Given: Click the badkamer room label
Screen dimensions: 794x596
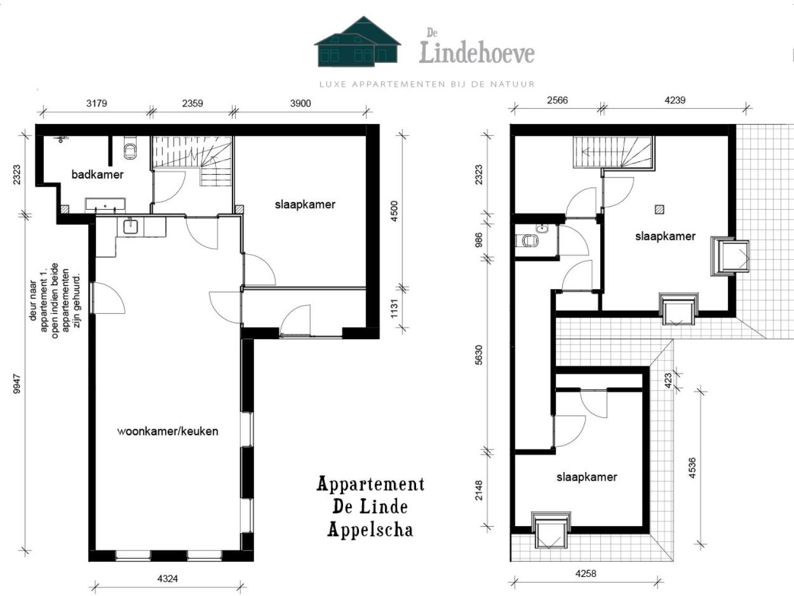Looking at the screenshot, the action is tap(97, 175).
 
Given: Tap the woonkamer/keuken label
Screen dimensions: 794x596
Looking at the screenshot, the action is tap(168, 431).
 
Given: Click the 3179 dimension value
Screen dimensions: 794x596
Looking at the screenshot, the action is tap(97, 104).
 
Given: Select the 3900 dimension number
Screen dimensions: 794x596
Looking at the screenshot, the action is tap(300, 104).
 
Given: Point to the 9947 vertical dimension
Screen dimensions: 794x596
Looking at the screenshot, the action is tap(17, 384).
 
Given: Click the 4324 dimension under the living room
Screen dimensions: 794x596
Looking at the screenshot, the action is tap(168, 579).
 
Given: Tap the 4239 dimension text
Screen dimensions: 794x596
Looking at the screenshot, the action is tap(675, 100).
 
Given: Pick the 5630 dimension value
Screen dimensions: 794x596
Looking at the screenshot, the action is tap(478, 355).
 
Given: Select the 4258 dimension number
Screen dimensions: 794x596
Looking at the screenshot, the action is tap(586, 574).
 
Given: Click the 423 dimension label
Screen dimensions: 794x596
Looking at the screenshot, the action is tap(668, 381).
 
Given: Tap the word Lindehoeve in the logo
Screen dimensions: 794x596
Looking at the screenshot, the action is tap(477, 53).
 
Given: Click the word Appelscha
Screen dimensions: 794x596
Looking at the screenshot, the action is tap(370, 530).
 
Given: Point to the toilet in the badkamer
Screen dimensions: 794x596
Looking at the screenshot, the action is tap(130, 149).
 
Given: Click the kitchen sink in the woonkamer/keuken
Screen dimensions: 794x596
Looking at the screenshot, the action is tap(130, 227).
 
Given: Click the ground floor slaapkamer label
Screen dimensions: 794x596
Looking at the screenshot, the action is tap(305, 205).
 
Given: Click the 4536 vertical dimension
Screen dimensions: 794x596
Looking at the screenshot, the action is tap(691, 468).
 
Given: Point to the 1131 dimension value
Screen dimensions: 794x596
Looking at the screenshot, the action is tap(394, 308).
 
